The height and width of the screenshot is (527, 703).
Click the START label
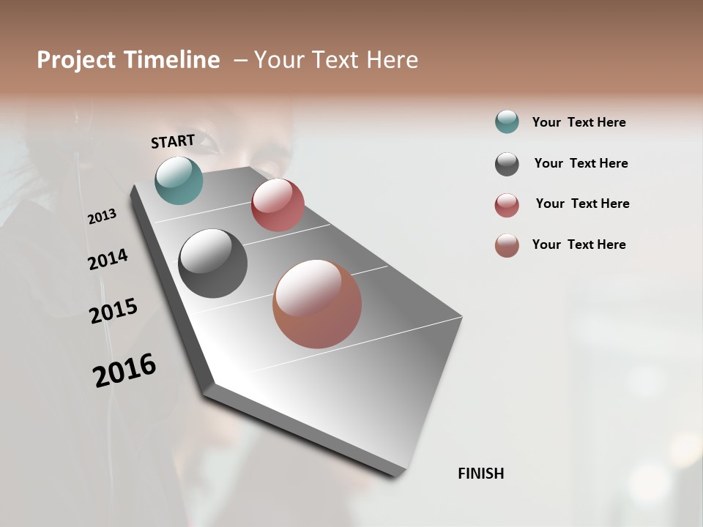click(173, 141)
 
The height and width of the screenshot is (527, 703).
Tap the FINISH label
click(480, 474)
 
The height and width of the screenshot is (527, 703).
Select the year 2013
click(102, 217)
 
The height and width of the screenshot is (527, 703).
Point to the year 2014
click(108, 259)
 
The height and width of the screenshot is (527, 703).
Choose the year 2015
click(114, 311)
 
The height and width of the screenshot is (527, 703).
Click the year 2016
click(124, 370)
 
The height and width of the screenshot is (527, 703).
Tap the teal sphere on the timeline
click(179, 180)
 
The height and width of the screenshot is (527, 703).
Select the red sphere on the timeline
click(278, 205)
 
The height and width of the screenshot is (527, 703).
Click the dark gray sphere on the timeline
click(212, 263)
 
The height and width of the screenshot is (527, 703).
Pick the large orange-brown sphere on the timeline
click(317, 304)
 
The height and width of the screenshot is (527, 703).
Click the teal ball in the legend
click(507, 122)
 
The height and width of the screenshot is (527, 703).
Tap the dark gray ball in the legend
click(507, 164)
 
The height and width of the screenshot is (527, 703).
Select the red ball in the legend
click(507, 205)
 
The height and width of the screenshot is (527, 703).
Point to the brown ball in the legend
click(507, 245)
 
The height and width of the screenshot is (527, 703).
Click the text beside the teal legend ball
click(579, 122)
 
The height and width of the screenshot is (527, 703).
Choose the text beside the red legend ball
click(582, 203)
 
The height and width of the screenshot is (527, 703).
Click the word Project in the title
click(76, 60)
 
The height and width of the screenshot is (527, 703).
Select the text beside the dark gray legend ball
click(581, 163)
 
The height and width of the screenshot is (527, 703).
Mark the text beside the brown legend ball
click(579, 244)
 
